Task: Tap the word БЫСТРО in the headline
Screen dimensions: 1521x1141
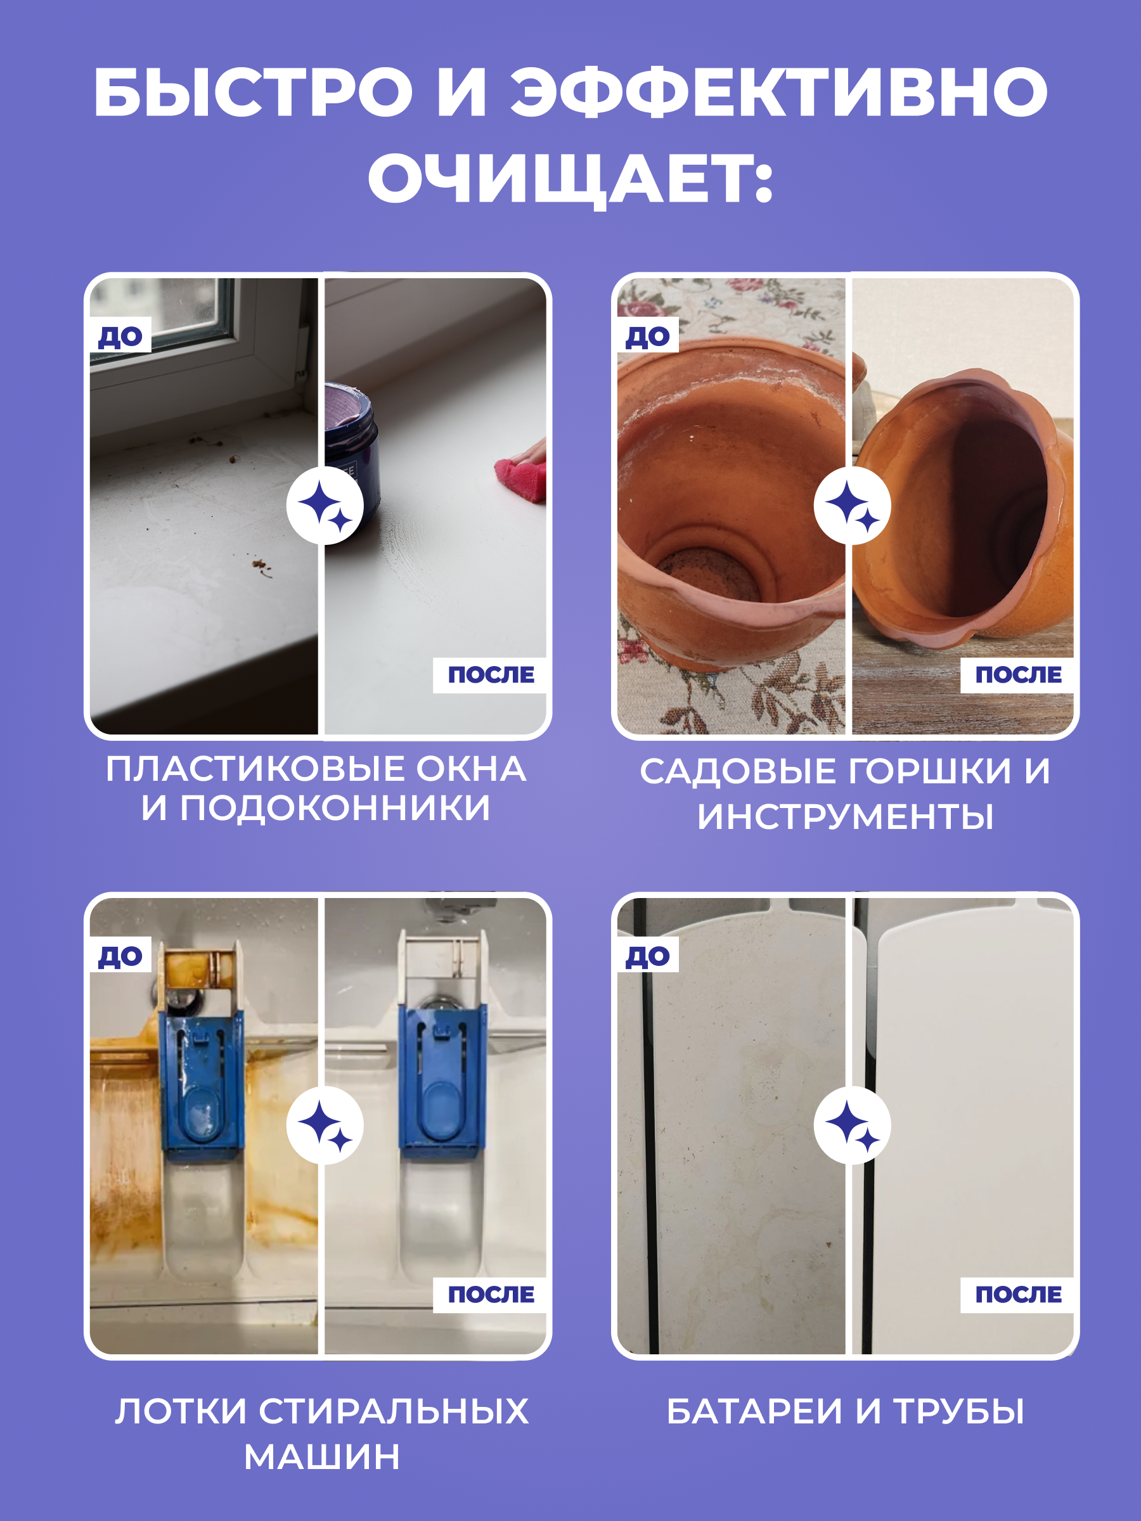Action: click(x=253, y=91)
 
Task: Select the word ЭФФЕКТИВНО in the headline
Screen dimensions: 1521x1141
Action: click(x=778, y=91)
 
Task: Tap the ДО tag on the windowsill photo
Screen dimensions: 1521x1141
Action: click(x=120, y=337)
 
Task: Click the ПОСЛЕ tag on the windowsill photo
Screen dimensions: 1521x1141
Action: click(x=491, y=674)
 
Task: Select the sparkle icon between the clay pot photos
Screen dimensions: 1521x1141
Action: click(x=852, y=505)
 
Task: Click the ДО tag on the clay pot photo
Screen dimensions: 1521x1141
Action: click(x=647, y=337)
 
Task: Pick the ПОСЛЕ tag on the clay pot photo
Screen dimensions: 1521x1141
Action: click(x=1018, y=674)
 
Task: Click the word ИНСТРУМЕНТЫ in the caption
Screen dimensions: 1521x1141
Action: click(x=845, y=816)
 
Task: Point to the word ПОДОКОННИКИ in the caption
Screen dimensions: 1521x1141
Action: click(x=335, y=807)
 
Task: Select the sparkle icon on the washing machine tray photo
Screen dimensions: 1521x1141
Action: click(x=325, y=1126)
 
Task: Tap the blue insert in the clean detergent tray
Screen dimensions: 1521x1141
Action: click(x=443, y=1079)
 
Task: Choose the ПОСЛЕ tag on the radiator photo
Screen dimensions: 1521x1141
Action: click(x=1018, y=1294)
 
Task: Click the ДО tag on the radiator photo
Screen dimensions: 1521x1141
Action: click(x=647, y=956)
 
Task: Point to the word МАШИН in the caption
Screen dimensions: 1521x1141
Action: click(x=322, y=1456)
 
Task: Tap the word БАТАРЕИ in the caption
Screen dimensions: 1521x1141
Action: click(x=754, y=1411)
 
